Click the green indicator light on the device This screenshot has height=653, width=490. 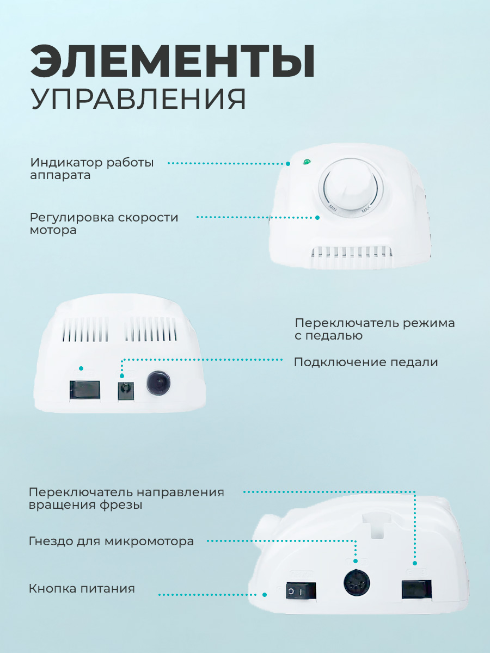tap(307, 162)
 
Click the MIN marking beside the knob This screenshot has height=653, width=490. tap(333, 208)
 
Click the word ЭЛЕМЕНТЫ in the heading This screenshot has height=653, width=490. tap(173, 61)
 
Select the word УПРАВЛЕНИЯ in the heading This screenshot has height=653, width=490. tap(138, 99)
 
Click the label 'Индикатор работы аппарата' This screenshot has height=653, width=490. tap(92, 169)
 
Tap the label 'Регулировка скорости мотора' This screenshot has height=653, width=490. tap(104, 224)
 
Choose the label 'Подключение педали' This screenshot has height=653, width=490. tap(366, 362)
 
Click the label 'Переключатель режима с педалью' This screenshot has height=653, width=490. tap(375, 329)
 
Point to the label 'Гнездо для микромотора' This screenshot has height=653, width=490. tap(111, 541)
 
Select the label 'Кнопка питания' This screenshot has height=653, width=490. tap(82, 588)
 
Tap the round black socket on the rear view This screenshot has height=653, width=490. tap(158, 383)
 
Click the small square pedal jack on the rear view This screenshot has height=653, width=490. tap(126, 391)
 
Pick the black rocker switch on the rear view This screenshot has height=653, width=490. tap(85, 390)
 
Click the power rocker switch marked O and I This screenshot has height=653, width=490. tap(301, 590)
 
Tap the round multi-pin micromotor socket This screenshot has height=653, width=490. tap(357, 583)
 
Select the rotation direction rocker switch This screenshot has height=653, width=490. tap(416, 589)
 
